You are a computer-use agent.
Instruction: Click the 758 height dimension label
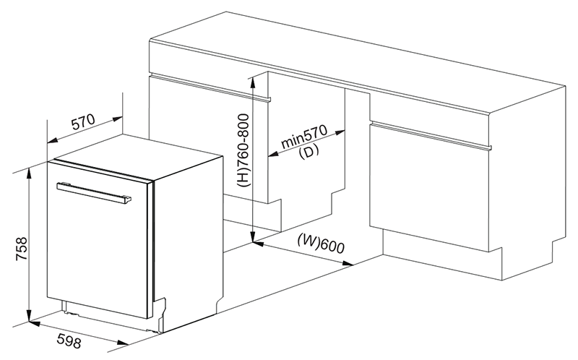(22, 249)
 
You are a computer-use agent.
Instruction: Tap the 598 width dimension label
(69, 340)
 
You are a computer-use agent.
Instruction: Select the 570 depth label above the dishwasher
(83, 122)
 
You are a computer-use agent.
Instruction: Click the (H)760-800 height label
(243, 150)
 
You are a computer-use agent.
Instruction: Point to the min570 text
(304, 137)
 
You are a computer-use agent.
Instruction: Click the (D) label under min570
(309, 151)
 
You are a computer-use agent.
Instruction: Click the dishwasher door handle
(94, 192)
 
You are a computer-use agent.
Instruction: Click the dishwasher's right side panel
(188, 244)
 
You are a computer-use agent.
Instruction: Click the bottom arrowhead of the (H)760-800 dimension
(252, 237)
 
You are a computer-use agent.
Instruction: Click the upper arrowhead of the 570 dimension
(117, 119)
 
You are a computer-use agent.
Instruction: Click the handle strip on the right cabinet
(431, 135)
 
